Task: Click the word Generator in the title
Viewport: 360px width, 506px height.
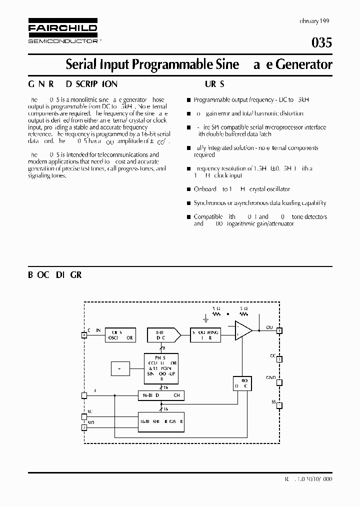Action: click(304, 64)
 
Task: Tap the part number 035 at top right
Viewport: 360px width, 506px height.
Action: click(321, 43)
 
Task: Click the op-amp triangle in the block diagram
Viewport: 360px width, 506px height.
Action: click(243, 331)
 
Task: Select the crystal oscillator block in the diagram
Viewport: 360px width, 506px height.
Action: click(121, 334)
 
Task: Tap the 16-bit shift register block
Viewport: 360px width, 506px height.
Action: click(161, 421)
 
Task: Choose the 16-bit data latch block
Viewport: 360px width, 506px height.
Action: click(161, 395)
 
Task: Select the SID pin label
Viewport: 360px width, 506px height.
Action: click(90, 423)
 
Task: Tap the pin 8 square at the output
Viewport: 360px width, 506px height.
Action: click(279, 330)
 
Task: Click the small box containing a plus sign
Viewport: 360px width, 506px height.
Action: click(120, 368)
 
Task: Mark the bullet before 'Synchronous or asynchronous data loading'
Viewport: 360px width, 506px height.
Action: click(188, 203)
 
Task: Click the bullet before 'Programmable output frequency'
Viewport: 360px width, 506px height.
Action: click(188, 99)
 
